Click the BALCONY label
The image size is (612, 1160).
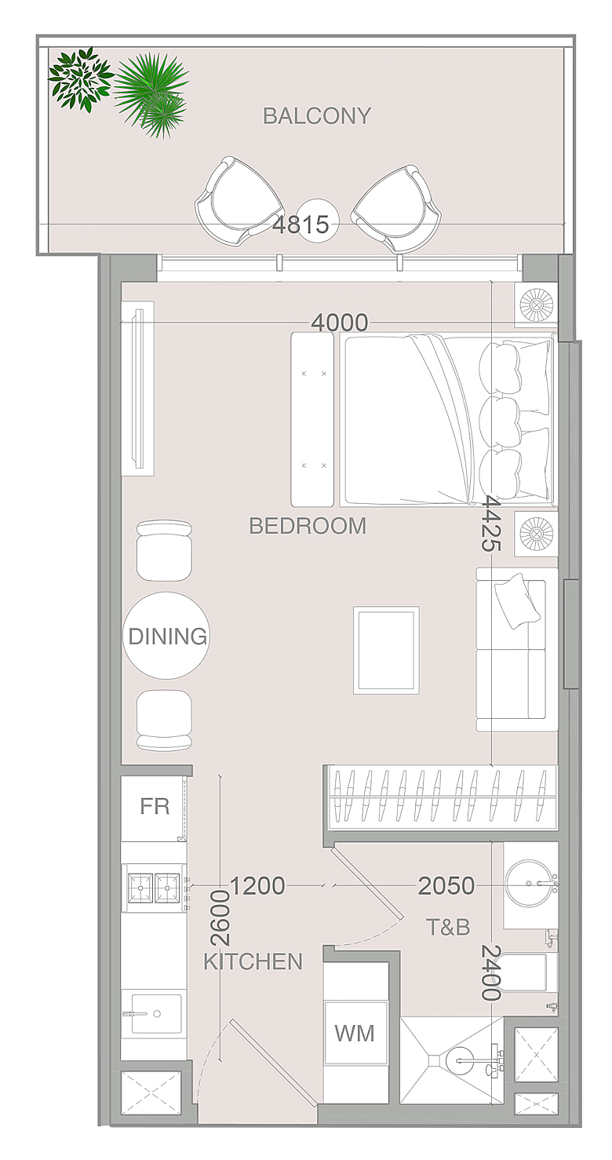click(x=317, y=116)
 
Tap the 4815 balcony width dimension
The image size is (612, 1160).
click(x=301, y=224)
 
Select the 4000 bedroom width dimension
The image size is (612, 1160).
click(x=340, y=323)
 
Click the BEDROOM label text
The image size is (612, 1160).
click(x=308, y=526)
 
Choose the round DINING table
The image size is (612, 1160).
click(x=166, y=636)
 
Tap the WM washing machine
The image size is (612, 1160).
click(x=355, y=1033)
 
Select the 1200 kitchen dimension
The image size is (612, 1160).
click(x=257, y=886)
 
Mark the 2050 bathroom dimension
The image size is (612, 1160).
click(x=446, y=886)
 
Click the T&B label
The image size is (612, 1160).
click(x=448, y=926)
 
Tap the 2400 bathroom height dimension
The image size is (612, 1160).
click(x=491, y=973)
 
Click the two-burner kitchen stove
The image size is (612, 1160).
click(x=154, y=888)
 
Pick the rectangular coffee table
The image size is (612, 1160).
click(x=386, y=650)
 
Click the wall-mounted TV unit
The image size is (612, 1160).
click(x=138, y=388)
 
